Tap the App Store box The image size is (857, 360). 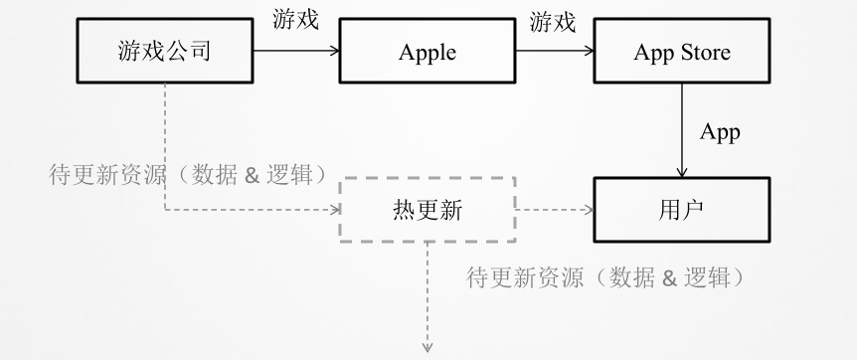click(x=680, y=53)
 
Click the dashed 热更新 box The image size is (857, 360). click(x=428, y=210)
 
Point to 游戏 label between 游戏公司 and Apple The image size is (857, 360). click(x=295, y=20)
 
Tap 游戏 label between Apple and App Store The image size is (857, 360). click(x=552, y=20)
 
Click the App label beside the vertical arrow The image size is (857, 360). click(x=720, y=132)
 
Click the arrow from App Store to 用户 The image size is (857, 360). click(x=681, y=129)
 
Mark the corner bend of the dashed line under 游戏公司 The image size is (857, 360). click(x=164, y=210)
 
